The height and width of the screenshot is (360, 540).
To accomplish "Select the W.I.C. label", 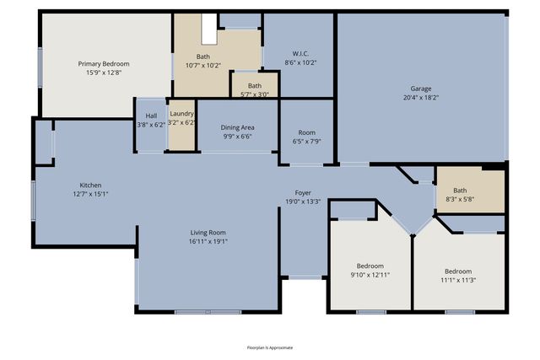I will [x=300, y=52].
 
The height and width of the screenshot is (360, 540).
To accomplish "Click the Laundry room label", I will [x=181, y=114].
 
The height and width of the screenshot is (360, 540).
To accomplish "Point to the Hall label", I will [x=151, y=116].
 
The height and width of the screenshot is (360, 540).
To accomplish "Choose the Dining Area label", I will [x=237, y=127].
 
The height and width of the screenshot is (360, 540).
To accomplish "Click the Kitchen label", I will [x=90, y=185].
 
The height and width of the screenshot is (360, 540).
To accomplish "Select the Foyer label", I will [x=303, y=192].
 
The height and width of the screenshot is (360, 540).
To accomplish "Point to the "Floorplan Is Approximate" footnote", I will [x=269, y=347].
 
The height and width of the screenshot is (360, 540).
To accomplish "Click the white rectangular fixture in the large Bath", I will [x=209, y=28].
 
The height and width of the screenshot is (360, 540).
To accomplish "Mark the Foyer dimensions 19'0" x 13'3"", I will [x=303, y=201].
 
